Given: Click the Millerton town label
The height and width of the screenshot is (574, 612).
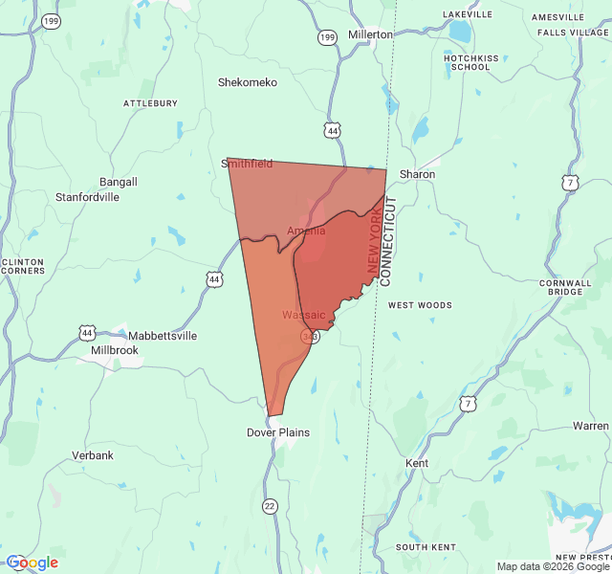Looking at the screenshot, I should pyautogui.click(x=370, y=34).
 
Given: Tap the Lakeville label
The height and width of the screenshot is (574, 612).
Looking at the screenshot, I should pyautogui.click(x=467, y=14).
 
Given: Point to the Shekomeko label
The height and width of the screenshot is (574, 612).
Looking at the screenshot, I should pyautogui.click(x=248, y=82).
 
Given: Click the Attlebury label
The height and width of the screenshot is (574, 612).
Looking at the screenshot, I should pyautogui.click(x=150, y=102).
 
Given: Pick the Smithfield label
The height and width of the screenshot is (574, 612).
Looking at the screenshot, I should pyautogui.click(x=248, y=164).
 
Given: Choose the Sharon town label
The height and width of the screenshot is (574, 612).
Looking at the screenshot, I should pyautogui.click(x=417, y=175).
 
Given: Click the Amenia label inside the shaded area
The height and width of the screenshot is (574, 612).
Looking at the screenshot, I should pyautogui.click(x=306, y=231).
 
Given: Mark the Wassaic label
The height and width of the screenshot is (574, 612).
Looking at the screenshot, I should pyautogui.click(x=303, y=315).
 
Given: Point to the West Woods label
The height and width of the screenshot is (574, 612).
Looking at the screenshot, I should pyautogui.click(x=420, y=305).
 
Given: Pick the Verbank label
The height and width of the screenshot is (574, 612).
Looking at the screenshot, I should pyautogui.click(x=93, y=455).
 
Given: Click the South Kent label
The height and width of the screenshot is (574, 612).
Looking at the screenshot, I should pyautogui.click(x=426, y=547).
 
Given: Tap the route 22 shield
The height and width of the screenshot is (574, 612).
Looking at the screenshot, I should pyautogui.click(x=270, y=506).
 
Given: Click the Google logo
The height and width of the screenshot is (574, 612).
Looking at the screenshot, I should pyautogui.click(x=33, y=563).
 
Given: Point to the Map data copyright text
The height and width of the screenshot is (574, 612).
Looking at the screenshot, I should pyautogui.click(x=553, y=566).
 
